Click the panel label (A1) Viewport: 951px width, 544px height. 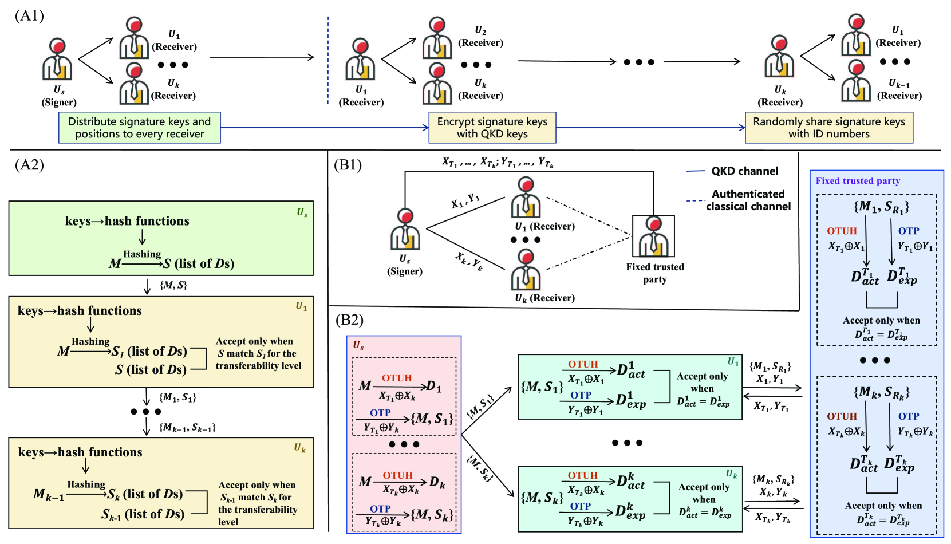pos(29,15)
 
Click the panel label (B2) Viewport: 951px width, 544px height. pos(349,320)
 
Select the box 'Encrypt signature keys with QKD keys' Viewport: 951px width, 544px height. pos(492,128)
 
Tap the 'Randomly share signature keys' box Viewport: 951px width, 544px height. pos(828,128)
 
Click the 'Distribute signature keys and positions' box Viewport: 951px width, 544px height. pos(139,128)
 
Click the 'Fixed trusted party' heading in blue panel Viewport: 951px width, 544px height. pos(858,181)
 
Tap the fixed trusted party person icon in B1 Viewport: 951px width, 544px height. pos(653,235)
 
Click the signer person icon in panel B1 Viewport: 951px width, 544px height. pos(405,230)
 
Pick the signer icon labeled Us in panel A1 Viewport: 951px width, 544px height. pos(57,60)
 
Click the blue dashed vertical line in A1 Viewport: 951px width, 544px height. pos(328,60)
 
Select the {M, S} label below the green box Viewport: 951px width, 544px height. pos(173,285)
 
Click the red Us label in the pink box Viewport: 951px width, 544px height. pos(358,345)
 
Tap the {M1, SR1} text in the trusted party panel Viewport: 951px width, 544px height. pos(881,207)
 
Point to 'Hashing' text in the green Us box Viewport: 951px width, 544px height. pos(142,254)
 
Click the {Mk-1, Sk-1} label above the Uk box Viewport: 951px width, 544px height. pos(187,427)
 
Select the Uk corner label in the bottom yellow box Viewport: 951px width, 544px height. pos(300,448)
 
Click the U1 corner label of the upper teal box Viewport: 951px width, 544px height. pos(733,361)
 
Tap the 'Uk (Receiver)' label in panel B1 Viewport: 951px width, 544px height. pos(544,298)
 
